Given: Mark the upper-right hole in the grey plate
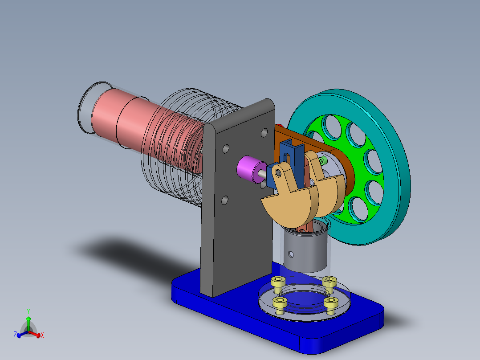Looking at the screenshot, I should point(264,132).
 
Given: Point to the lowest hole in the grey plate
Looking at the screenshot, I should point(225,200).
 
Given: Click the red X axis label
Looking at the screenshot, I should point(42,335).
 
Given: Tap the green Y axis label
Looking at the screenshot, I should point(28,311).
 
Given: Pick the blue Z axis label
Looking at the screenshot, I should point(15,334).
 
